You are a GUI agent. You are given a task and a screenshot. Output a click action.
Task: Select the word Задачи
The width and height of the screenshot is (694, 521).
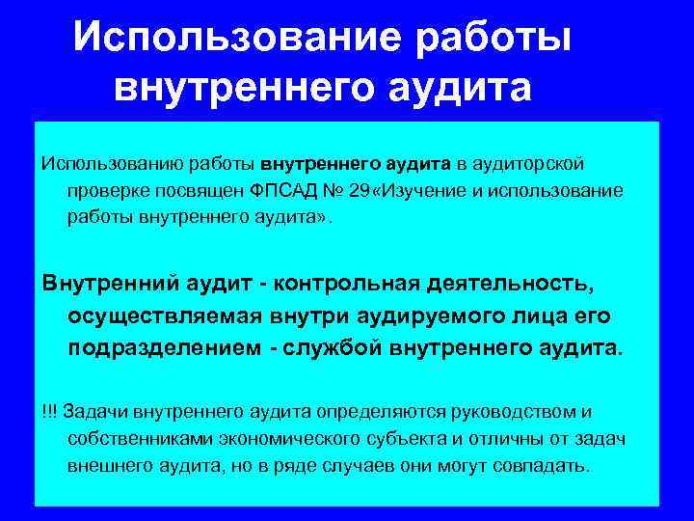pyautogui.click(x=90, y=412)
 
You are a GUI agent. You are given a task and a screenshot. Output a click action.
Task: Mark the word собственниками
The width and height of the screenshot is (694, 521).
pyautogui.click(x=134, y=439)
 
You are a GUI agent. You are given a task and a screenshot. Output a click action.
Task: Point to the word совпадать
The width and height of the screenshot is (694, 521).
pyautogui.click(x=542, y=466)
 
